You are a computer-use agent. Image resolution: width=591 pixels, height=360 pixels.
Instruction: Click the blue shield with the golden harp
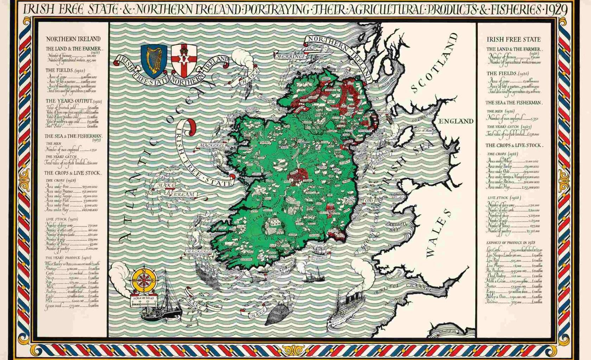click(154, 60)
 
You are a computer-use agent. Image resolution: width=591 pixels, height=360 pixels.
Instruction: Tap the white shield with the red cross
click(183, 60)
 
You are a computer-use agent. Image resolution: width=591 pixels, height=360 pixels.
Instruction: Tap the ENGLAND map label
click(457, 121)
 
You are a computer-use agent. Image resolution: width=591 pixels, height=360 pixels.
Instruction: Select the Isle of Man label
click(423, 130)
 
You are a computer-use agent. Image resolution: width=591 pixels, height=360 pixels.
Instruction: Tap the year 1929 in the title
click(555, 11)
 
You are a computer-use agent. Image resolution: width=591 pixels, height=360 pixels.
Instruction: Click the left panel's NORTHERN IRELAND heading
click(73, 39)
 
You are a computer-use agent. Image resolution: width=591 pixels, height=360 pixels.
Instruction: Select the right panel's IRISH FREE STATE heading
click(513, 39)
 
